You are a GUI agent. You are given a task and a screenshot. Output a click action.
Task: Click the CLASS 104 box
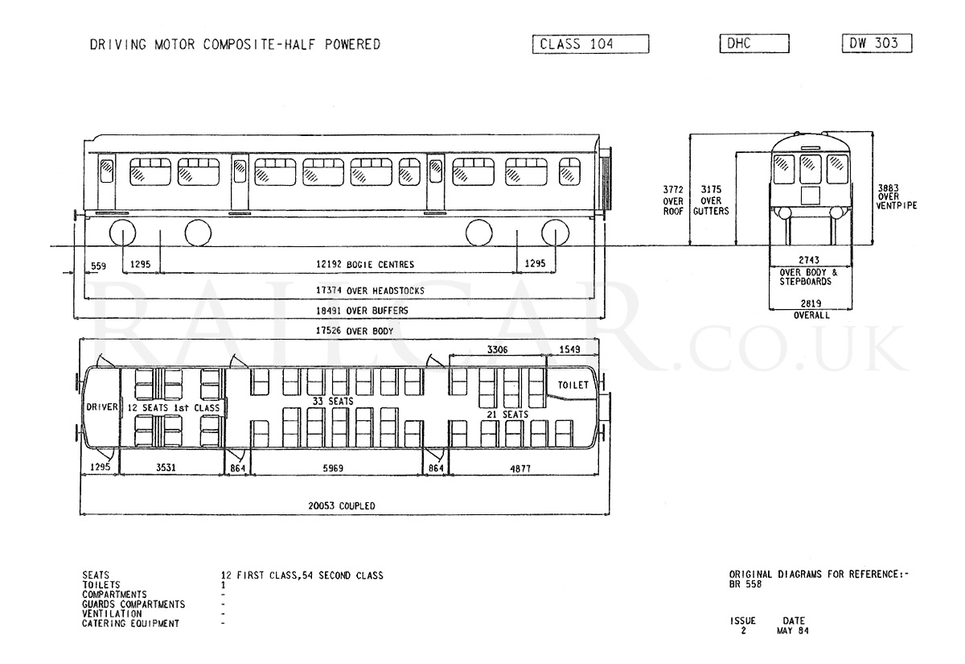(590, 44)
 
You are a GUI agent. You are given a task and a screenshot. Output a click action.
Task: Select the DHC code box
(754, 43)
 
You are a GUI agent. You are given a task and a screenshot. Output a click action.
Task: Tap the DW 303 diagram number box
(877, 43)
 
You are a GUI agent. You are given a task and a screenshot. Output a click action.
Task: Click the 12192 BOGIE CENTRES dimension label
(365, 264)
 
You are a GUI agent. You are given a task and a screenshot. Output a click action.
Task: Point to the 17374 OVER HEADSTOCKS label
(370, 291)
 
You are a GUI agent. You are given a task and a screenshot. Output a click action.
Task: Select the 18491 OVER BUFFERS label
(362, 311)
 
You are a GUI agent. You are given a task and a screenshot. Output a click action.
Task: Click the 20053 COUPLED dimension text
(342, 505)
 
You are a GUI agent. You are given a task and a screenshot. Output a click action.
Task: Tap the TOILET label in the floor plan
(573, 385)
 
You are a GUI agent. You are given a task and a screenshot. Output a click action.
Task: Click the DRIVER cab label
(102, 407)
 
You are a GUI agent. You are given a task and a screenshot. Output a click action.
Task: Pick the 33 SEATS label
(333, 401)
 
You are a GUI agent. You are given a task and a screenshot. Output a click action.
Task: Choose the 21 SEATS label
(507, 414)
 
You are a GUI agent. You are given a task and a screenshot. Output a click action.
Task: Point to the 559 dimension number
(98, 266)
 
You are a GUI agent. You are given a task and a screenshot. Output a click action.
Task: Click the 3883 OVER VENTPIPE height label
(897, 196)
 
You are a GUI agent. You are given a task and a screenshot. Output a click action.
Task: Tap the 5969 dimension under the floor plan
(333, 468)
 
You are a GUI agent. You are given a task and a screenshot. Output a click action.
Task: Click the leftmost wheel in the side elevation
(123, 233)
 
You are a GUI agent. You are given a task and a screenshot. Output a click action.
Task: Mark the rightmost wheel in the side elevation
(556, 233)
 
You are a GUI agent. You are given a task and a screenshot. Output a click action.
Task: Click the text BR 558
(745, 584)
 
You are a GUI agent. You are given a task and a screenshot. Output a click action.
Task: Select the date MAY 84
(793, 631)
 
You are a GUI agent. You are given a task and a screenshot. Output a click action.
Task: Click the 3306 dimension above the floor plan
(498, 349)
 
